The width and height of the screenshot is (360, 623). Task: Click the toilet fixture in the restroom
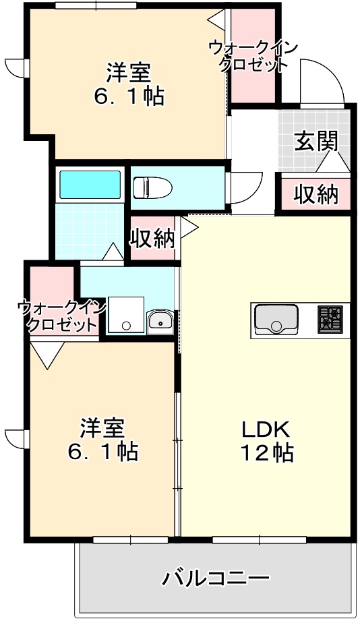pos(150,187)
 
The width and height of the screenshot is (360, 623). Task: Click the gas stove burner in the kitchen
pos(331,318)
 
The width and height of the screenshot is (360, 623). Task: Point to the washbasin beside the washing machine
pos(160,321)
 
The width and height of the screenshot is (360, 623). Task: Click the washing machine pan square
pos(126,314)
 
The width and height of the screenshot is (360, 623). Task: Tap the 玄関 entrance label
pos(316,142)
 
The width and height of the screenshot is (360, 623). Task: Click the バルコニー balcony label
pos(216,578)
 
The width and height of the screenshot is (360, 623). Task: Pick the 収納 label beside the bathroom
pos(152,238)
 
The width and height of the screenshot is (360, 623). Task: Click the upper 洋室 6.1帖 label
pos(128,83)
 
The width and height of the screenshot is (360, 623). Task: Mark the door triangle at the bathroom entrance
pos(113,252)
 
